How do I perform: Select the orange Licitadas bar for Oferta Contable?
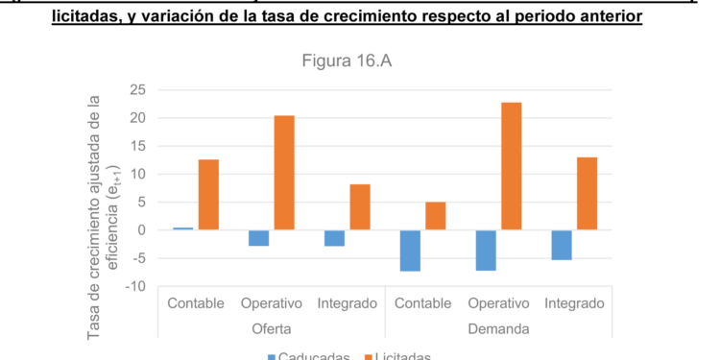208,195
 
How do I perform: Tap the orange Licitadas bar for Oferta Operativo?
284,173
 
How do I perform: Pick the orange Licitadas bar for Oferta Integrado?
360,207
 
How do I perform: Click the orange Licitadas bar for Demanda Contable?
435,216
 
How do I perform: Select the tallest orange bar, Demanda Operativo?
511,166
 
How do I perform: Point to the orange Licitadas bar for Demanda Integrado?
587,194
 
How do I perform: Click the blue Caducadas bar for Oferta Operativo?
258,238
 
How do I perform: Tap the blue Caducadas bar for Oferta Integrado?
334,238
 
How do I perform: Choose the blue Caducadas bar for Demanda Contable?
410,251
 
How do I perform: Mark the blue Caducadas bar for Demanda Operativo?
486,251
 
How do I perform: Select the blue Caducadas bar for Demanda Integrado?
561,245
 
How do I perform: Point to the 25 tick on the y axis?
136,90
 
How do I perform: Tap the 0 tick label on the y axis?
140,230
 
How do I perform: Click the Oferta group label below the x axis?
272,329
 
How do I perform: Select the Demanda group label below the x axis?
498,329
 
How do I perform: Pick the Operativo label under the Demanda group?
498,304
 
